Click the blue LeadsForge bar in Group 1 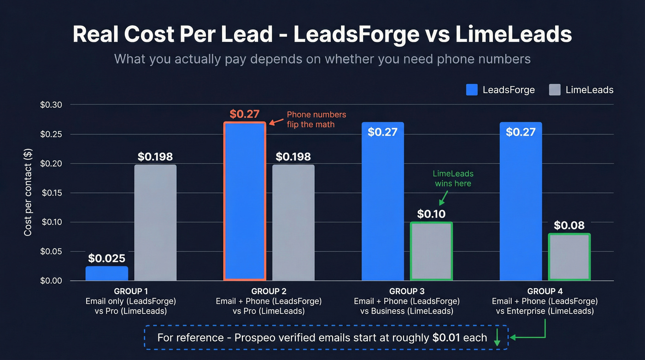coord(106,273)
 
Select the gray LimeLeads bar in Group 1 coord(155,223)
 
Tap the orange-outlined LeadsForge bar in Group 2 coord(245,201)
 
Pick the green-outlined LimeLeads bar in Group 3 coord(431,251)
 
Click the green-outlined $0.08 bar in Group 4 coord(569,257)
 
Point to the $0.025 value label coord(106,258)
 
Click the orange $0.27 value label coord(245,114)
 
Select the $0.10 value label coord(431,214)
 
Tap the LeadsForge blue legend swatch coord(472,90)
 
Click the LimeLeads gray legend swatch coord(555,90)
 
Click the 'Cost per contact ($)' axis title coord(28,193)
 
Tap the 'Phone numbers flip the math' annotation coord(316,119)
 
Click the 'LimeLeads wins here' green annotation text coord(453,178)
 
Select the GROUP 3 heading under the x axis coord(406,291)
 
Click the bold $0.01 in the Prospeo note coord(446,337)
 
